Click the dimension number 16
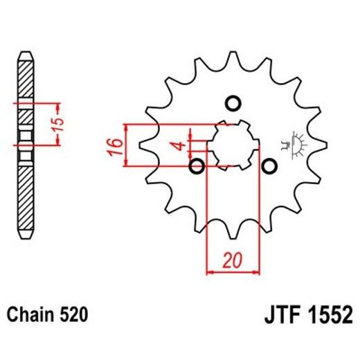click(116, 145)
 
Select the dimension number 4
click(177, 146)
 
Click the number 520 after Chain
click(74, 315)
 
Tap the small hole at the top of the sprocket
click(233, 104)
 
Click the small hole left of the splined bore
click(196, 166)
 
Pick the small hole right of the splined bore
click(270, 166)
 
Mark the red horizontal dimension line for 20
click(233, 272)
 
